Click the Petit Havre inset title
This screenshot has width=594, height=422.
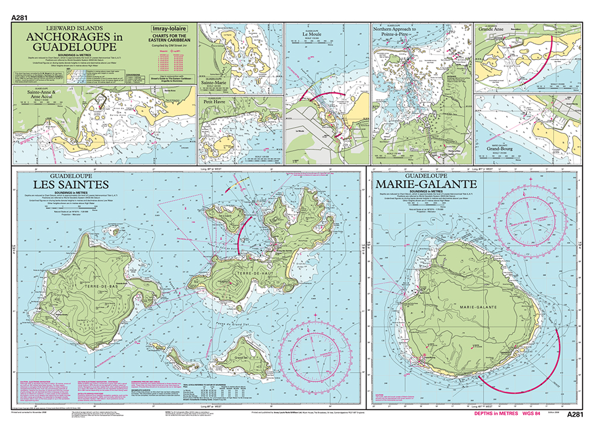[x=217, y=109]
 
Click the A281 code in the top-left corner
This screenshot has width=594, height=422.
[x=20, y=18]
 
